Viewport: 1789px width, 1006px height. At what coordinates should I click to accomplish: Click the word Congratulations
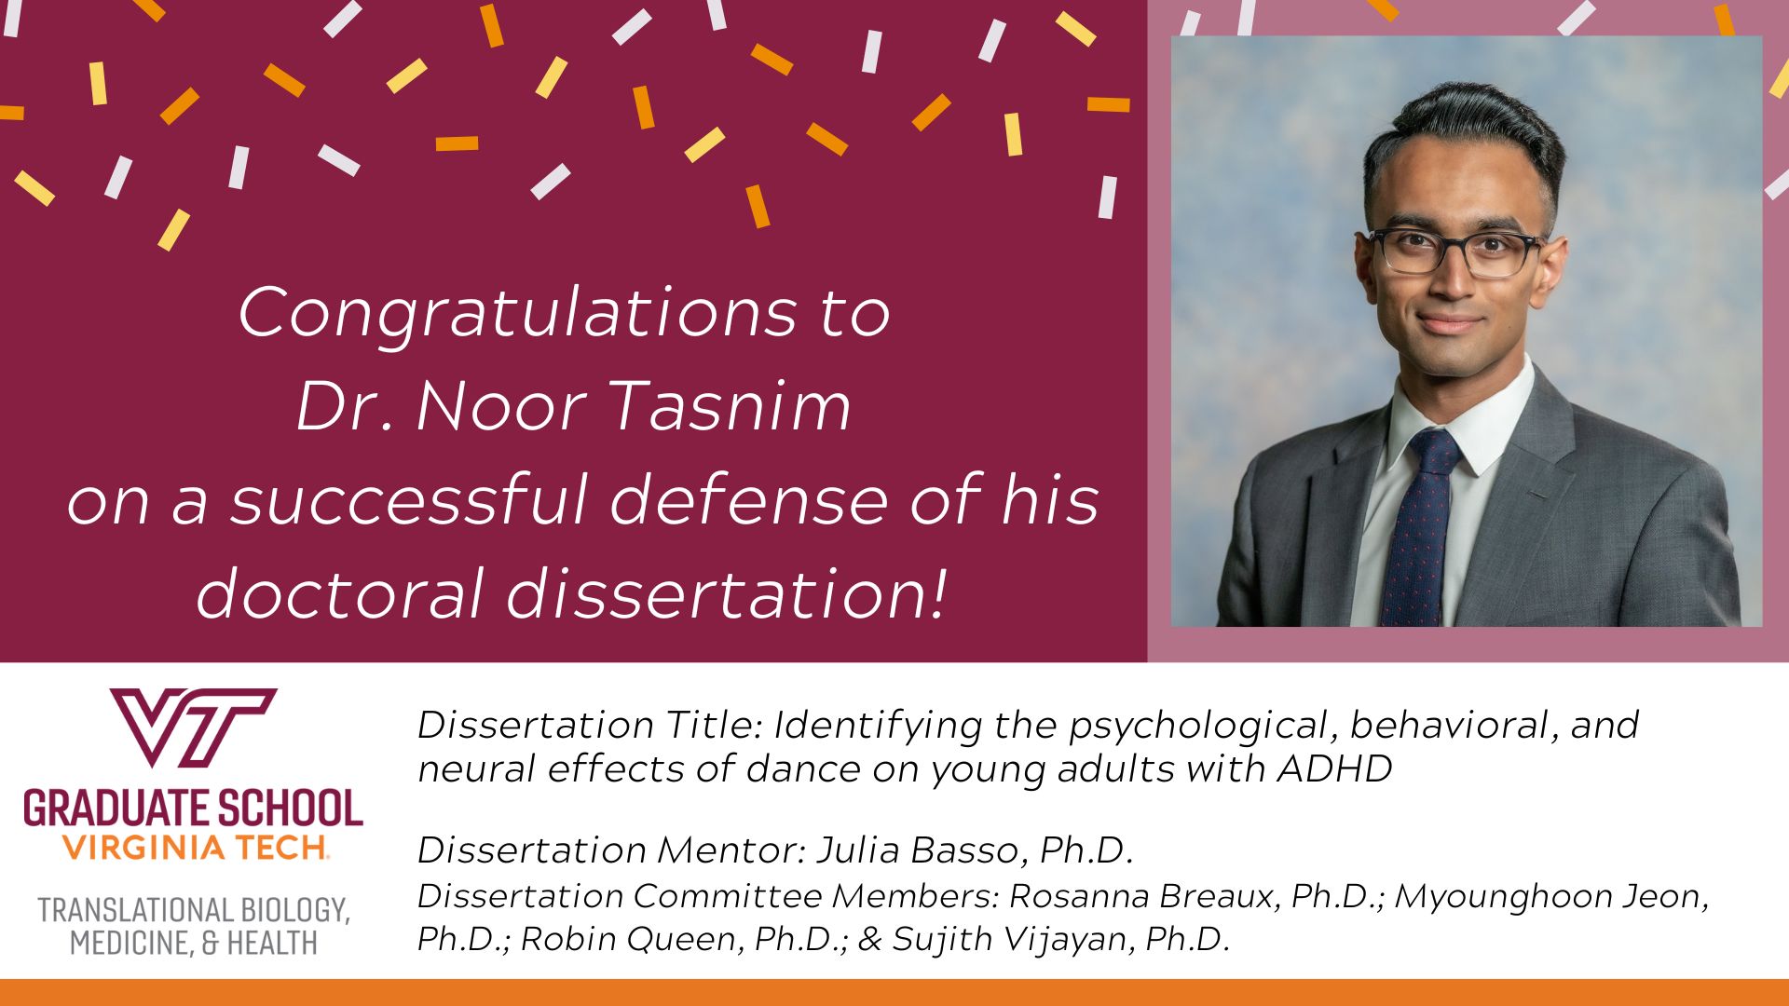pos(517,314)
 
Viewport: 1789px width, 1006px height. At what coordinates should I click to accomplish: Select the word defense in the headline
pos(750,500)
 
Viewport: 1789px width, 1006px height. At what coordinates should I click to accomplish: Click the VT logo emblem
pos(193,727)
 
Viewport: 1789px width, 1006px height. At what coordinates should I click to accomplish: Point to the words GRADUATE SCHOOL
pos(193,809)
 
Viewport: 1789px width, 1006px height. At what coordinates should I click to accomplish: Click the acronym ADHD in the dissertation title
pos(1334,769)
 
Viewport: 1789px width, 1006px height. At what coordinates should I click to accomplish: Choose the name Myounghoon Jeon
pos(1550,896)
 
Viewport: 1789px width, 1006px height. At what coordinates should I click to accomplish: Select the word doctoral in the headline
pos(340,593)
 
